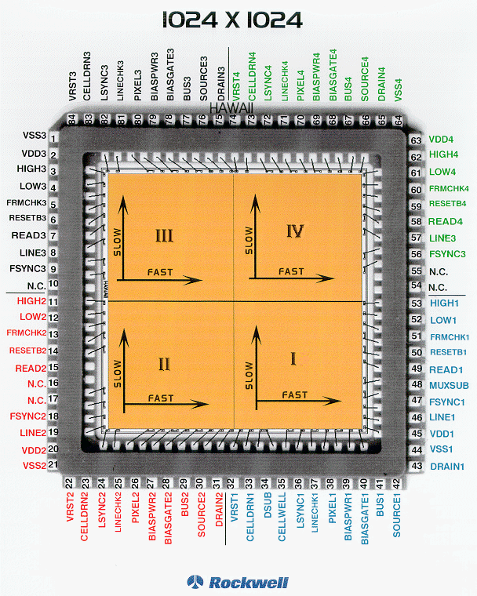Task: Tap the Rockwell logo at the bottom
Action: (x=238, y=582)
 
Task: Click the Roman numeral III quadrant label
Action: (x=165, y=235)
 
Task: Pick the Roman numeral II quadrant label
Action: (x=164, y=363)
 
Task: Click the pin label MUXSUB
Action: (x=449, y=385)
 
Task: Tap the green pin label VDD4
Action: (x=442, y=140)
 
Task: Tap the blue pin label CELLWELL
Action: (x=282, y=527)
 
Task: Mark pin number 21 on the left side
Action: (x=53, y=465)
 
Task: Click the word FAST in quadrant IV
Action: (x=291, y=271)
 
